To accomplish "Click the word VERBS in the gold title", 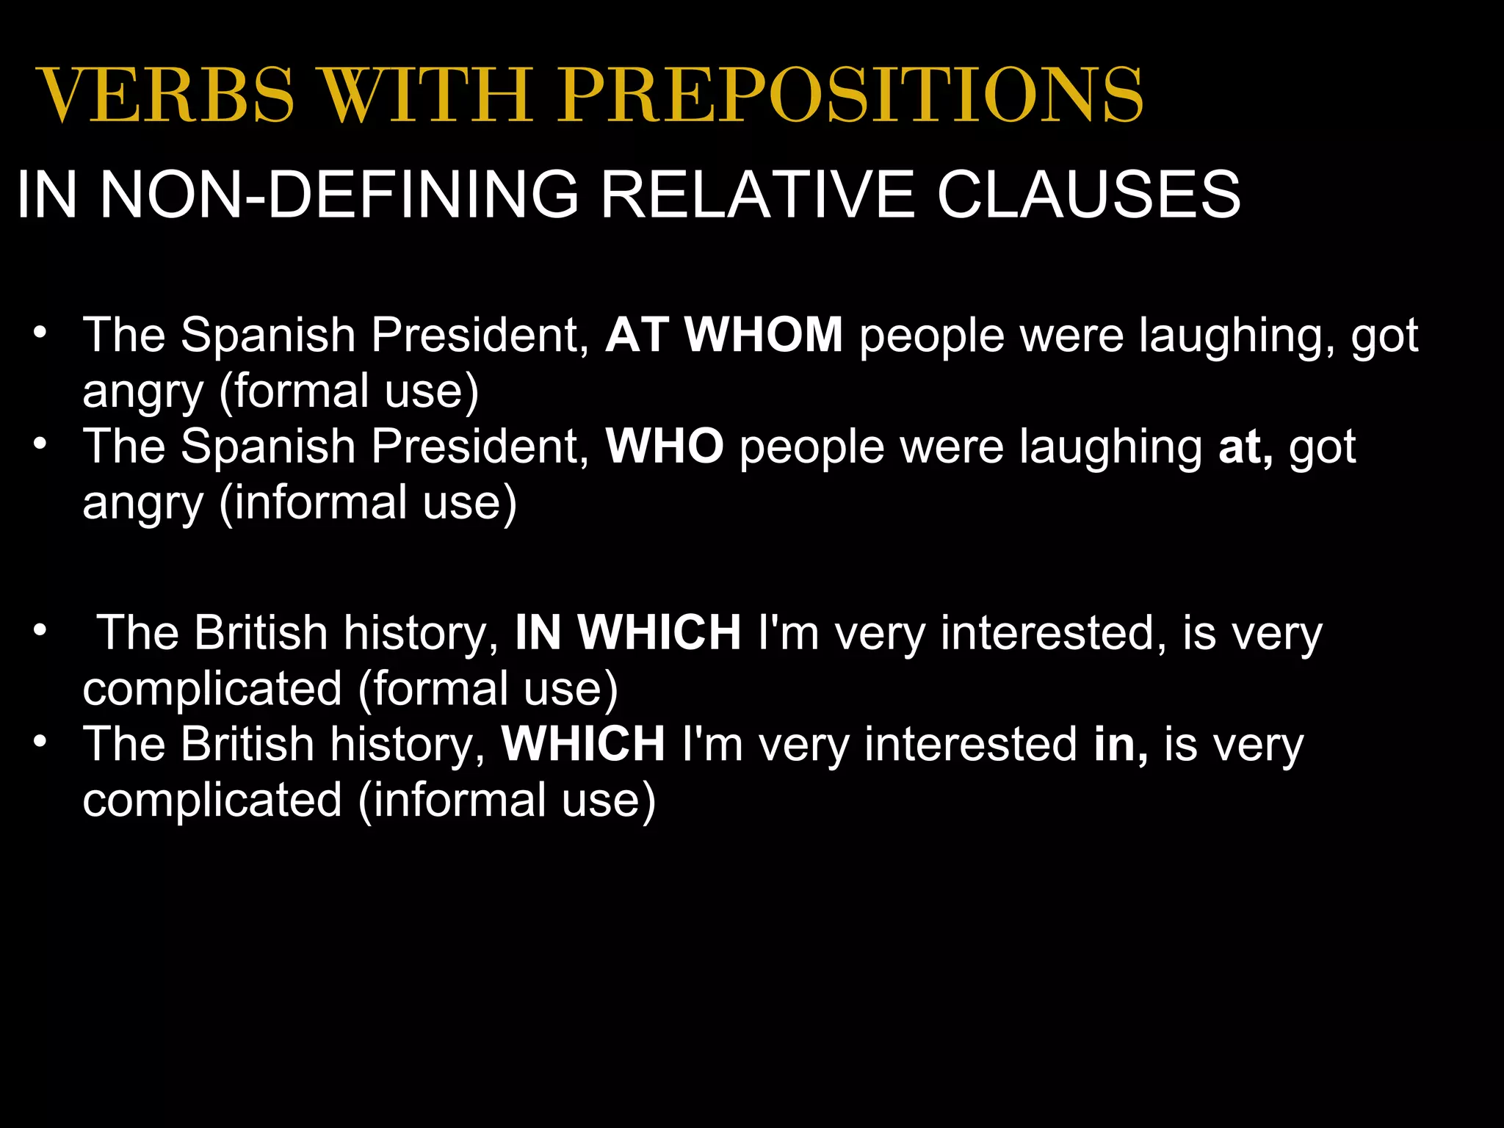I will coord(166,95).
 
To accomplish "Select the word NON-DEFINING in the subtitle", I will coord(339,194).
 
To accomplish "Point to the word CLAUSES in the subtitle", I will coord(1088,194).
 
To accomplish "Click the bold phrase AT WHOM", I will coord(724,335).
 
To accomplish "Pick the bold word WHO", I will coord(664,446).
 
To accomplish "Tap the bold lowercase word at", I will coord(1245,446).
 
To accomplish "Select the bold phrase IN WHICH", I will coord(628,632).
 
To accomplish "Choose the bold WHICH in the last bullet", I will coord(583,744).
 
